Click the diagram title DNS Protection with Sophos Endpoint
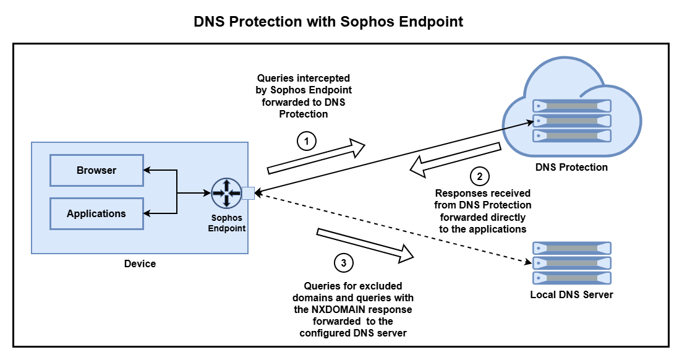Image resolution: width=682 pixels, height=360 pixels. (328, 22)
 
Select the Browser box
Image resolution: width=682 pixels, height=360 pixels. (96, 170)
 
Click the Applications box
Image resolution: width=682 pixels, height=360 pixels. (96, 213)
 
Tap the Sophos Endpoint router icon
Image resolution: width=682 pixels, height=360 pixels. (226, 193)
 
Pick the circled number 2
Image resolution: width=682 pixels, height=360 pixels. (479, 177)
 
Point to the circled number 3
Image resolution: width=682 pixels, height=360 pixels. (344, 263)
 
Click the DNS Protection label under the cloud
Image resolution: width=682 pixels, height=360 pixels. (571, 167)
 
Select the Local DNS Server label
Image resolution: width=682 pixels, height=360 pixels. (571, 294)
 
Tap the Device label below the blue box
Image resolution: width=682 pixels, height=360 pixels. (140, 264)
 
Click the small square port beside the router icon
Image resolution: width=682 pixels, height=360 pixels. (249, 194)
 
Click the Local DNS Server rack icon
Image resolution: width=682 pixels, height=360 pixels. (571, 263)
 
